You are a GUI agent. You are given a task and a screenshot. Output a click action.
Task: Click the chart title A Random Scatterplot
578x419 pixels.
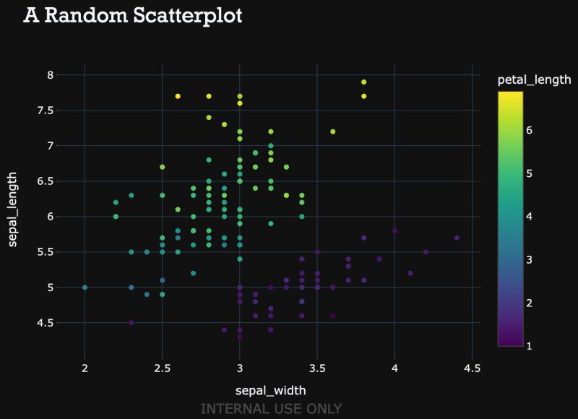(x=132, y=16)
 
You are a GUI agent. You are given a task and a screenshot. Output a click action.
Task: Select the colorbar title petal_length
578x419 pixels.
(x=535, y=79)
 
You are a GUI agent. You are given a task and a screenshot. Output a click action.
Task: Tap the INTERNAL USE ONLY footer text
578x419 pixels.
(x=271, y=409)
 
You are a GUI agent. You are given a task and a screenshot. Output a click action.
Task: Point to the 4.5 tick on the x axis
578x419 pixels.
(x=472, y=368)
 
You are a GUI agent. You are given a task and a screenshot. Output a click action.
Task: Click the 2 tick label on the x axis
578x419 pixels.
(x=85, y=368)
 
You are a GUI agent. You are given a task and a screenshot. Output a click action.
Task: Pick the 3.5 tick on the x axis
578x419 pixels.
(x=317, y=368)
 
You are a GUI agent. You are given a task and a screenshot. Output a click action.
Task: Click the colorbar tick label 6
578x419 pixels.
(x=529, y=130)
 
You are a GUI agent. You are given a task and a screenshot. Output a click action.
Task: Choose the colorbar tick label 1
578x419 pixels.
(x=529, y=346)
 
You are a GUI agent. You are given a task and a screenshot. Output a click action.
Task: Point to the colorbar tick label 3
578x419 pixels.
(x=529, y=260)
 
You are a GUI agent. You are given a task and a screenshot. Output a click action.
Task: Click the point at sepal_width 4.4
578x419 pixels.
(x=457, y=238)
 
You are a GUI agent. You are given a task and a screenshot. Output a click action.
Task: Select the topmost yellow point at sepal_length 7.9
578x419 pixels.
(x=364, y=82)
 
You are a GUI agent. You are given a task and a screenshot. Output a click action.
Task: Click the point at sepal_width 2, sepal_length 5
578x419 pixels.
(x=85, y=288)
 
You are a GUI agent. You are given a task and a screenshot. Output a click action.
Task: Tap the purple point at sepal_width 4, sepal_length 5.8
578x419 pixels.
(x=394, y=230)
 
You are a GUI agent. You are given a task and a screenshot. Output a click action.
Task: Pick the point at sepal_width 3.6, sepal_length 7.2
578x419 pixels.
(x=333, y=131)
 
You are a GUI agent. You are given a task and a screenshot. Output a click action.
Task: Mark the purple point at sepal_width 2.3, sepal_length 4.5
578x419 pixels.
(x=131, y=323)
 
